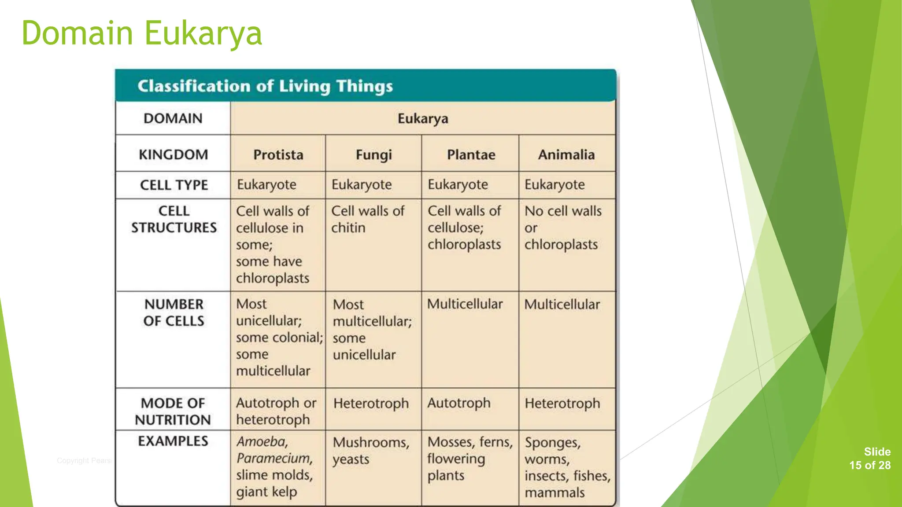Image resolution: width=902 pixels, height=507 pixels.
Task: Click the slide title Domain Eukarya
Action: pos(142,33)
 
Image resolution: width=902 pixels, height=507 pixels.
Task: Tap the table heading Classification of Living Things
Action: pos(265,86)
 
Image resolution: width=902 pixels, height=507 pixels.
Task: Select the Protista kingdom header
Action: pos(278,154)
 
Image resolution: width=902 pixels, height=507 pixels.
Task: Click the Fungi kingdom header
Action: pos(373,154)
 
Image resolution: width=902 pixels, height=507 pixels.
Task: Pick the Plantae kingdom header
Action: pos(471,154)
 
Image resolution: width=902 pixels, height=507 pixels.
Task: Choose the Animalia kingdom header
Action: pos(566,154)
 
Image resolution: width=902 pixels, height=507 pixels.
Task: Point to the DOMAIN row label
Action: pos(173,118)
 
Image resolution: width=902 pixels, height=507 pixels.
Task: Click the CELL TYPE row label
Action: pos(174,185)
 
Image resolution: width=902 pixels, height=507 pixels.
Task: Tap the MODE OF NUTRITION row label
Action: pos(173,411)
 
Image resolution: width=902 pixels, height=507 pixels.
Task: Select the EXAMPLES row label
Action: pos(173,441)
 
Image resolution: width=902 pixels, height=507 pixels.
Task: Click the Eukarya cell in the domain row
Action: pos(423,118)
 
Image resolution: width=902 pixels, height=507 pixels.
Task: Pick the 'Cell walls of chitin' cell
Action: pos(367,219)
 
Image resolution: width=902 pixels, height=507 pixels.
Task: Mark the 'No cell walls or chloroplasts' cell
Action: pos(562,228)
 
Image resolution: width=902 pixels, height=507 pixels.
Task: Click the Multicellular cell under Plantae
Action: pos(465,304)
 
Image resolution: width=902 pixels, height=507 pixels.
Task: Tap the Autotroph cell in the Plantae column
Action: pos(458,403)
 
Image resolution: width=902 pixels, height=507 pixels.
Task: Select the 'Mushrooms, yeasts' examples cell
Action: pos(370,450)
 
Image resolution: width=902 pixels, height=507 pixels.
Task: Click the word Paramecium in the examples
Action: pos(274,459)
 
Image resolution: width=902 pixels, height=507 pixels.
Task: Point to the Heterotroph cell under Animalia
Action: pos(562,403)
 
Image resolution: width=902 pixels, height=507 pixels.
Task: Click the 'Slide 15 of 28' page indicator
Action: pos(870,459)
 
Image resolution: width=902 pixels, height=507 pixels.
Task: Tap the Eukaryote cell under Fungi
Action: pos(361,185)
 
